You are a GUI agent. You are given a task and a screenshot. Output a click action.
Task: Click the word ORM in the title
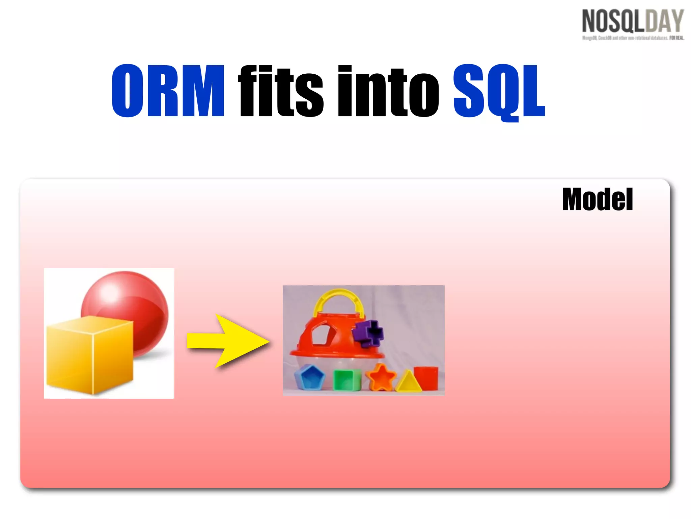[168, 91]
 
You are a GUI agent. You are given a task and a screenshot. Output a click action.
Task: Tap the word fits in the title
[281, 91]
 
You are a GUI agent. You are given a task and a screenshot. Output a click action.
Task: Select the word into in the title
[388, 91]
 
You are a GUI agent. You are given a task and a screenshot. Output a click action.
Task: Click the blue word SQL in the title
[499, 91]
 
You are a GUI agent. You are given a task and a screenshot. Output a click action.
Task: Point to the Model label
[597, 200]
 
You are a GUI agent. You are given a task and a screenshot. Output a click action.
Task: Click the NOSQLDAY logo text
[633, 21]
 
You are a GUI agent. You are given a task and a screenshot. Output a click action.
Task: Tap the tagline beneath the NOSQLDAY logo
[633, 38]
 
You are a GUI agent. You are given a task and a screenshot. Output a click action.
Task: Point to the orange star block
[381, 377]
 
